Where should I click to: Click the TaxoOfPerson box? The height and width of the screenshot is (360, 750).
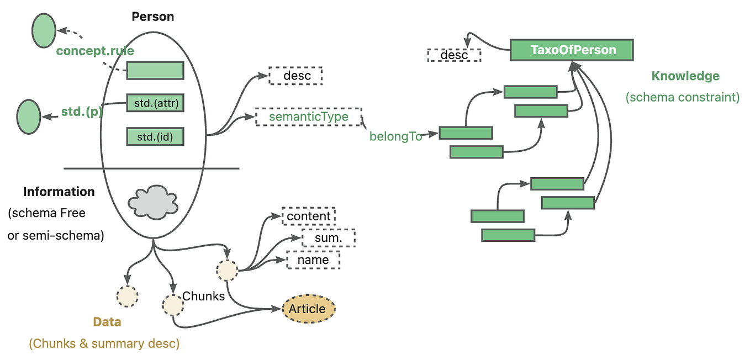[571, 50]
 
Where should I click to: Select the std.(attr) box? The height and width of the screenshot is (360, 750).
[155, 103]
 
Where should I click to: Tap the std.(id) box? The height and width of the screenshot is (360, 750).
[155, 136]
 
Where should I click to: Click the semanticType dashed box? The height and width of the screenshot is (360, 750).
[308, 117]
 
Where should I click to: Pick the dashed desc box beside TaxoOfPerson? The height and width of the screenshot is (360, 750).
[454, 55]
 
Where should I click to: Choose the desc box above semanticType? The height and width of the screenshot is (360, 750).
[295, 76]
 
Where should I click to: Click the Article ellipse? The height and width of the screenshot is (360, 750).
[309, 309]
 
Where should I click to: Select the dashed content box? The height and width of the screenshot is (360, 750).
[309, 216]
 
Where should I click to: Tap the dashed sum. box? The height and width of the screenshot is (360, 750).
[328, 238]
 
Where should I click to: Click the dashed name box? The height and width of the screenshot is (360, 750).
[313, 260]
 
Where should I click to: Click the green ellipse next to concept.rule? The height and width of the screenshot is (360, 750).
[44, 30]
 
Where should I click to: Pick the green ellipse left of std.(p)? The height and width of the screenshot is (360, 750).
[28, 117]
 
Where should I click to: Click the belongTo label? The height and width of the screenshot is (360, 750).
[395, 137]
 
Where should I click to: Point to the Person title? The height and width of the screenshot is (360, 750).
[153, 17]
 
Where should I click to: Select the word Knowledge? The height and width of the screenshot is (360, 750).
[685, 76]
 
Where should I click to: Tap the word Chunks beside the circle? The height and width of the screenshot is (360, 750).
[203, 296]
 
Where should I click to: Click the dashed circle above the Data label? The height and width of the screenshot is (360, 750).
[127, 296]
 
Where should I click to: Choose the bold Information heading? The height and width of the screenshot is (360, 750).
[59, 192]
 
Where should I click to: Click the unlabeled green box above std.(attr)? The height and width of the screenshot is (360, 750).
[155, 70]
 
